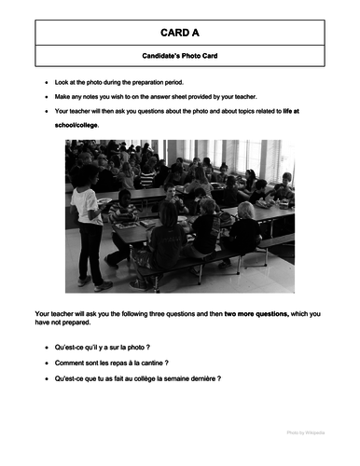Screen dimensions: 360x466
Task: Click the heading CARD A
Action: (180, 33)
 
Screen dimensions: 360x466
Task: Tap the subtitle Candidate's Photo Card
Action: (180, 57)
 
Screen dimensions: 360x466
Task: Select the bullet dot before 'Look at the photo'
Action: (48, 83)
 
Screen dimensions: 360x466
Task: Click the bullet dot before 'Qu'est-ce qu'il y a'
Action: (48, 346)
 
